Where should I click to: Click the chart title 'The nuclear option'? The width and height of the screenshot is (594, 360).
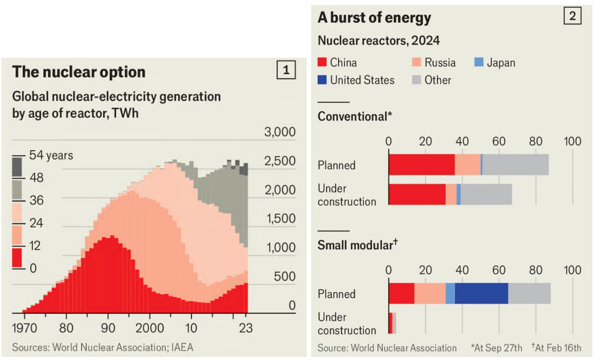[x=79, y=72]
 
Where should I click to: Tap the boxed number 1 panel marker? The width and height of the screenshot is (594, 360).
[x=286, y=70]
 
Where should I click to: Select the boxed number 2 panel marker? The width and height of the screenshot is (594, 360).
[x=572, y=16]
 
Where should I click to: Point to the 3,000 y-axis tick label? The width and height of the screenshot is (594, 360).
[x=280, y=132]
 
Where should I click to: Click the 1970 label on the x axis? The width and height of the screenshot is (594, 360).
[x=24, y=328]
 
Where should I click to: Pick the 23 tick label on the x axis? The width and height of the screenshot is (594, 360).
[x=246, y=328]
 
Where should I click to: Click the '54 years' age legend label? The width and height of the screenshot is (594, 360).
[x=51, y=155]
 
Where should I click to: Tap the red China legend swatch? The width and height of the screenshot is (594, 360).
[x=322, y=62]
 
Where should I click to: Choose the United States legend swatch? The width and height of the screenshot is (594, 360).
[x=322, y=80]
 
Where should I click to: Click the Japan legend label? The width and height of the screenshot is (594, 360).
[x=501, y=63]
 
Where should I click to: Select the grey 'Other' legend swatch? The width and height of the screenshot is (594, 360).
[x=417, y=80]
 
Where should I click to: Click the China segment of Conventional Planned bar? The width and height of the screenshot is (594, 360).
[x=422, y=165]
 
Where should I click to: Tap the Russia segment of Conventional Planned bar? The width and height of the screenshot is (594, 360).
[x=468, y=165]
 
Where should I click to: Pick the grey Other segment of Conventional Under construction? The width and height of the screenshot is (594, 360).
[x=486, y=194]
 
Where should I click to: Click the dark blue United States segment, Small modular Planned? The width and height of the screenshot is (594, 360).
[x=481, y=294]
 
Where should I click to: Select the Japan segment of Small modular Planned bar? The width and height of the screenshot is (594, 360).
[x=450, y=294]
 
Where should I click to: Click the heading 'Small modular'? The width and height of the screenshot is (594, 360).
[x=355, y=245]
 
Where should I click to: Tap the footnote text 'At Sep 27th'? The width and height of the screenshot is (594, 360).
[x=498, y=348]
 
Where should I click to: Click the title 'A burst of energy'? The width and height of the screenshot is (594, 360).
[x=374, y=18]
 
